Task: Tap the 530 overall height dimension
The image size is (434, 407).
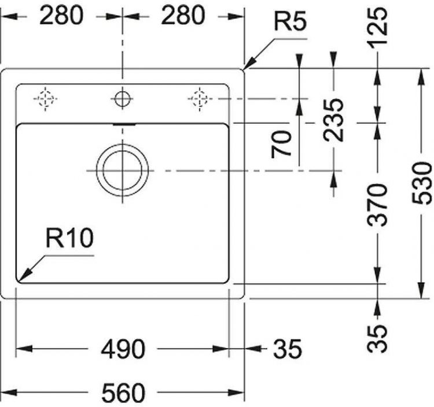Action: [x=424, y=183]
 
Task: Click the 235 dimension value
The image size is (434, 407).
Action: [x=334, y=120]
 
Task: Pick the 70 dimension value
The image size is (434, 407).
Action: [x=281, y=145]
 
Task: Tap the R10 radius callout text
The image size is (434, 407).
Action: [x=69, y=239]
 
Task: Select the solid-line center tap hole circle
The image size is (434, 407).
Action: [x=122, y=99]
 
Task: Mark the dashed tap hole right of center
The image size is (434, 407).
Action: [x=199, y=99]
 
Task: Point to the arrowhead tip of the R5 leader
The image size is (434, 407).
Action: [x=245, y=69]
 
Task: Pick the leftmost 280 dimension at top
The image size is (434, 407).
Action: [x=61, y=16]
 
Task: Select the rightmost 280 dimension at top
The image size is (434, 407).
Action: [x=182, y=16]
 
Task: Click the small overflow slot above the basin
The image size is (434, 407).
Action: [x=123, y=123]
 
